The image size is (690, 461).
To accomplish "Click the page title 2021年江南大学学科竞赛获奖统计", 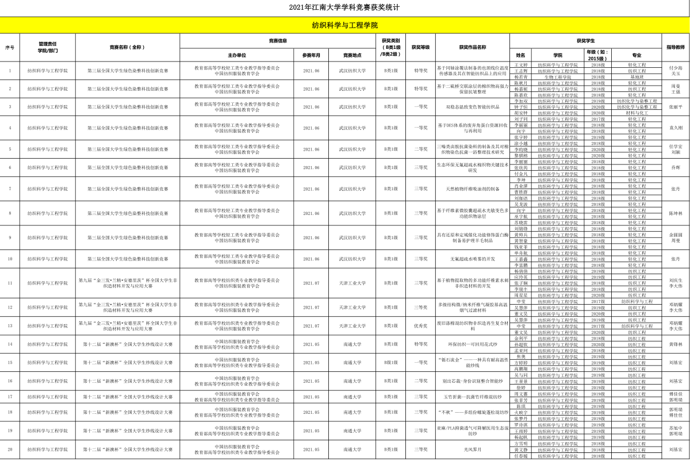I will click(344, 8).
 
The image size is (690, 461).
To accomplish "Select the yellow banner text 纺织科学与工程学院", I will click(344, 26).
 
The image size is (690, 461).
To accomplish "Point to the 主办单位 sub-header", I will click(237, 55).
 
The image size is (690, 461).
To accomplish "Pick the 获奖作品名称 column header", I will click(473, 47).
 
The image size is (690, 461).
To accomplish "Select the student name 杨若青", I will click(521, 76).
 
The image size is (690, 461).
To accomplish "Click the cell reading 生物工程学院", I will click(558, 76).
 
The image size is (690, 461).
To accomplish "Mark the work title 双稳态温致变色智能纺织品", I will click(473, 107).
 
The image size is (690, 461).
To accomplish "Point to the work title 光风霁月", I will click(473, 450).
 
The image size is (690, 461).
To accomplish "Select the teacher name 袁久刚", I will click(676, 128).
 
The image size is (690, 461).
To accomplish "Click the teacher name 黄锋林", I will click(676, 344).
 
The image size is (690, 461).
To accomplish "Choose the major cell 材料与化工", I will click(637, 113).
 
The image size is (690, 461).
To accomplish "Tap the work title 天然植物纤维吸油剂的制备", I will click(473, 189).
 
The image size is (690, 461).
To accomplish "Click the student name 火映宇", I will click(521, 412).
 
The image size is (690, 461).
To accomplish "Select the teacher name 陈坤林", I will click(676, 213).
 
